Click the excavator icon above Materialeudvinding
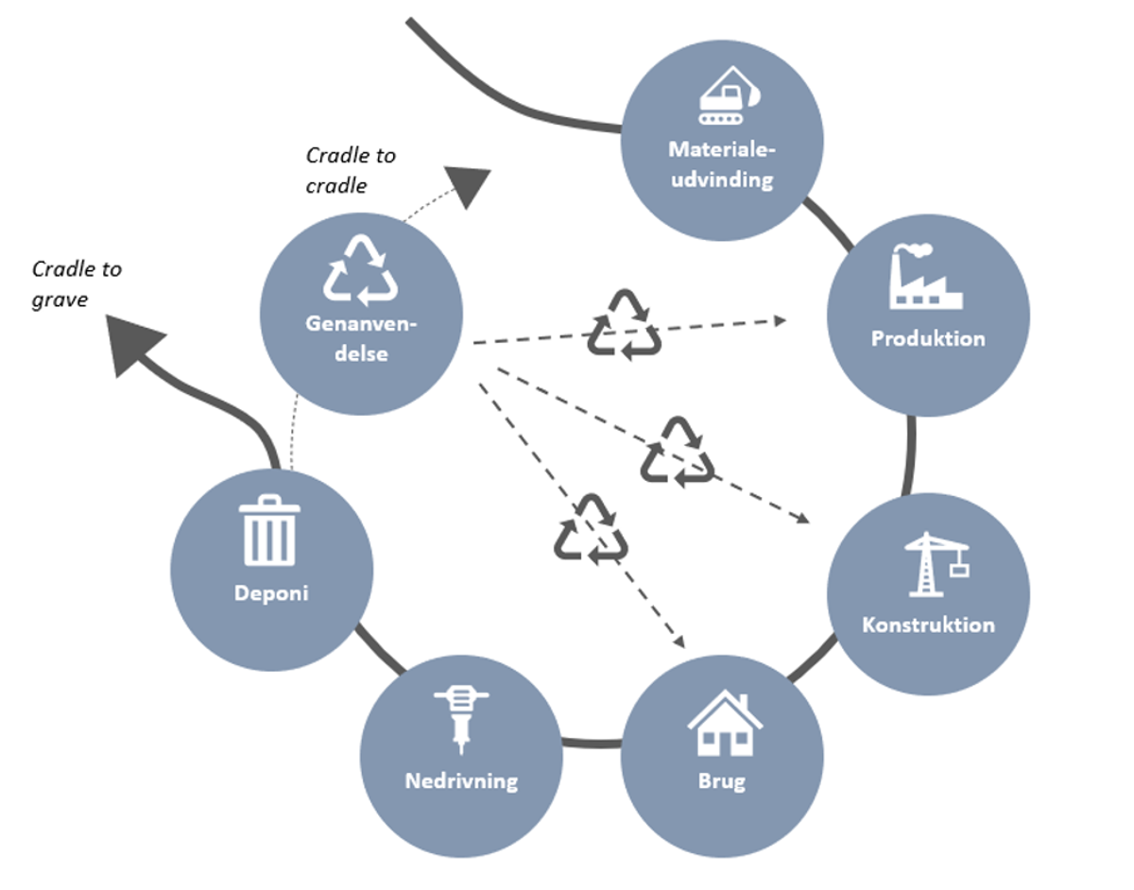point(730,94)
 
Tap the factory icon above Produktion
point(926,276)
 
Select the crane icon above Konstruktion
point(936,564)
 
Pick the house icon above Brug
point(725,722)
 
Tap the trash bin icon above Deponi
point(269,530)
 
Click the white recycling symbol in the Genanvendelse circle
point(361,269)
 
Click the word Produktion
point(928,338)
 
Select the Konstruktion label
point(928,625)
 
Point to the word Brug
point(722,781)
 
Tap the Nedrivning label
point(461,781)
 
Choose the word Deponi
point(271,593)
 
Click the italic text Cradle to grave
point(77,284)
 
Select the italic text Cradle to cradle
point(351,170)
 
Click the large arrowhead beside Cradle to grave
point(131,343)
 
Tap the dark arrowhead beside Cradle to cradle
point(468,185)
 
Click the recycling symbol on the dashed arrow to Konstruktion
point(678,452)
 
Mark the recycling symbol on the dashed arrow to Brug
point(591,529)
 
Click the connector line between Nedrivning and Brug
point(592,743)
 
